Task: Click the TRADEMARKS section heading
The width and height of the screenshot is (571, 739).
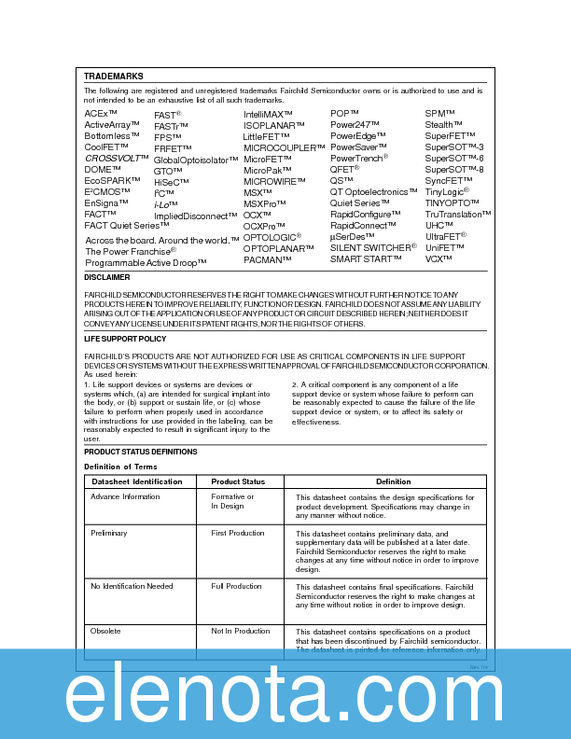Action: pyautogui.click(x=114, y=76)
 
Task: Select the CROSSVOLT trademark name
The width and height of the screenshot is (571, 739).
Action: pyautogui.click(x=112, y=159)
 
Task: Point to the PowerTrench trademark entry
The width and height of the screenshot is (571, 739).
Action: pyautogui.click(x=359, y=159)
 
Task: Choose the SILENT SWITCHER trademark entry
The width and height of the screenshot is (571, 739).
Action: pyautogui.click(x=373, y=248)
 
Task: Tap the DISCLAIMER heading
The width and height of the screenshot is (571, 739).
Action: pyautogui.click(x=107, y=277)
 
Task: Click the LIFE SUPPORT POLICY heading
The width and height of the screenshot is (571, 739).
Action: pyautogui.click(x=125, y=339)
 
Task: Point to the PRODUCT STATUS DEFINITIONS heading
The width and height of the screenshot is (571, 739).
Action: pyautogui.click(x=140, y=452)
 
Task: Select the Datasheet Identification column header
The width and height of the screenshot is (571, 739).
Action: pyautogui.click(x=137, y=481)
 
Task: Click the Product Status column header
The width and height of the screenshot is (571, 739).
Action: pyautogui.click(x=238, y=481)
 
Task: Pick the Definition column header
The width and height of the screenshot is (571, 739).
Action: pyautogui.click(x=393, y=481)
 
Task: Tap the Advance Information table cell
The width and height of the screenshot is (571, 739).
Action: pyautogui.click(x=125, y=497)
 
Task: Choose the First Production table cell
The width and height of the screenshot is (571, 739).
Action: pyautogui.click(x=237, y=533)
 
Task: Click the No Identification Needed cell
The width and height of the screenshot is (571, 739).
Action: pyautogui.click(x=132, y=587)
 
